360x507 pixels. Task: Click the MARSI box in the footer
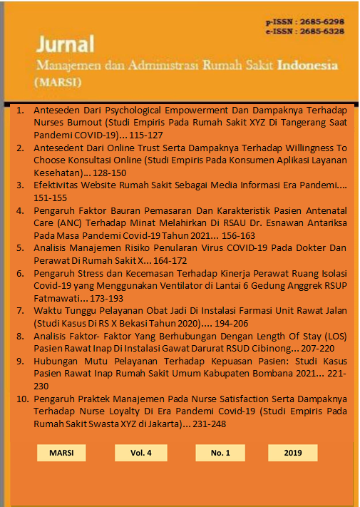pos(61,453)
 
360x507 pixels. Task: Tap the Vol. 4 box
pos(141,453)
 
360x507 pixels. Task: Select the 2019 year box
pos(292,453)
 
